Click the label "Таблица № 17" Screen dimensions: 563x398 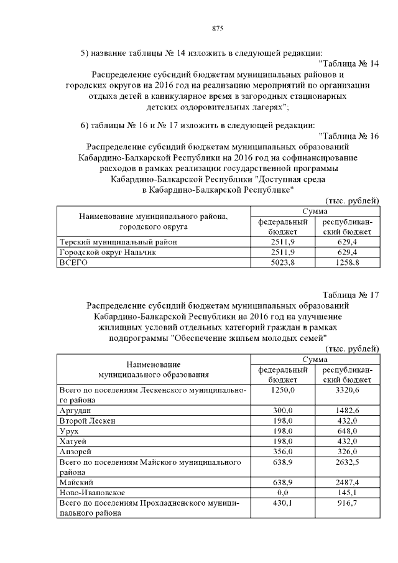point(351,295)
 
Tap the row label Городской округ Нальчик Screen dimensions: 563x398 point(107,252)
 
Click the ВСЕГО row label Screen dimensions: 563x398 point(73,263)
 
